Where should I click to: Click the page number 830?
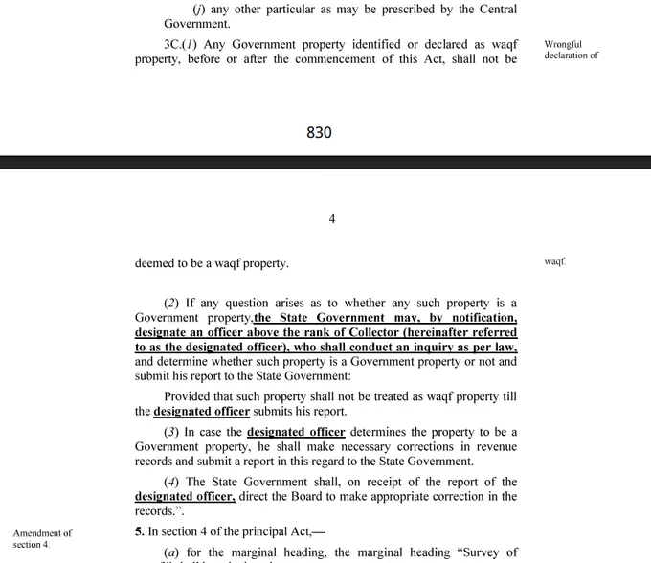[319, 133]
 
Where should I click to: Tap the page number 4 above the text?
[331, 219]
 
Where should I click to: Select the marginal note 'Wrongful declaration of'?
[571, 50]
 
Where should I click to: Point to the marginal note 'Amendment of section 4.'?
[42, 538]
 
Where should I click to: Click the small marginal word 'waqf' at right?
[555, 260]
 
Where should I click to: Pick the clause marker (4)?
[171, 482]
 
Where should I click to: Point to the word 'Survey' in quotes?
[494, 552]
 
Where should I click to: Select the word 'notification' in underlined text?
[482, 318]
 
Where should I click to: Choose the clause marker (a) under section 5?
[171, 552]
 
